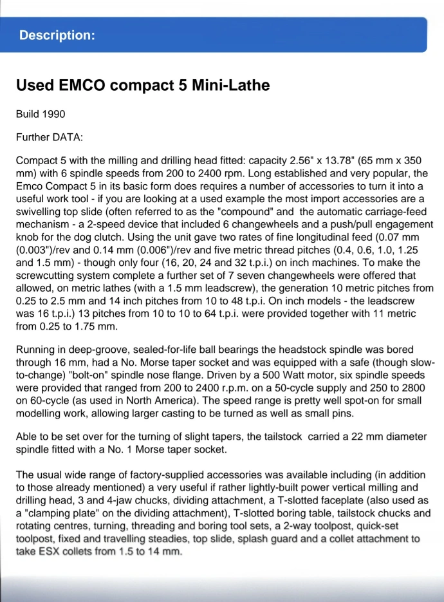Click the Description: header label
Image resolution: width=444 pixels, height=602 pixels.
tap(57, 35)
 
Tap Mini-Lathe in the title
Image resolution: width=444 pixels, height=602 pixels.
tap(230, 85)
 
